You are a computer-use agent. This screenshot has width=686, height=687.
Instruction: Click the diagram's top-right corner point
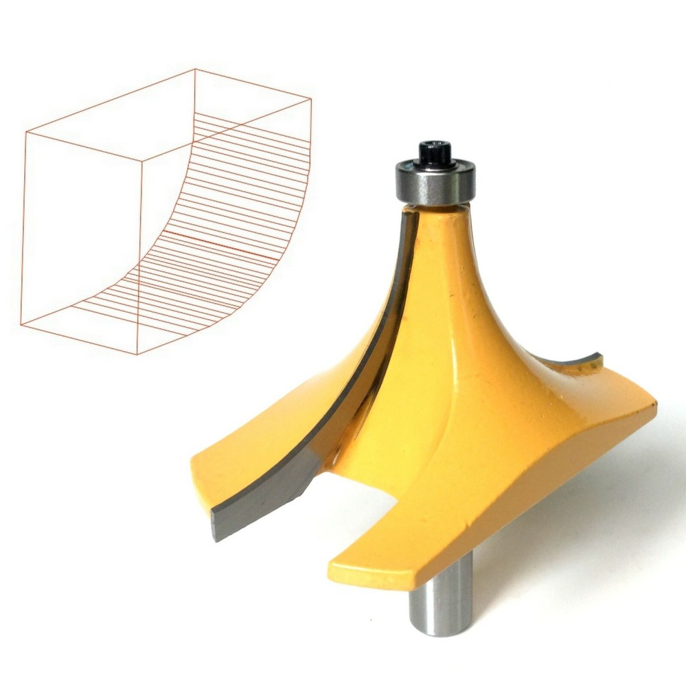point(311,99)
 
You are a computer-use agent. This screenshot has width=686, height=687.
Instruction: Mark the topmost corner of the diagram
point(196,69)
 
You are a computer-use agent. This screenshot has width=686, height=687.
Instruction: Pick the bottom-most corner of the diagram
point(137,354)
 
